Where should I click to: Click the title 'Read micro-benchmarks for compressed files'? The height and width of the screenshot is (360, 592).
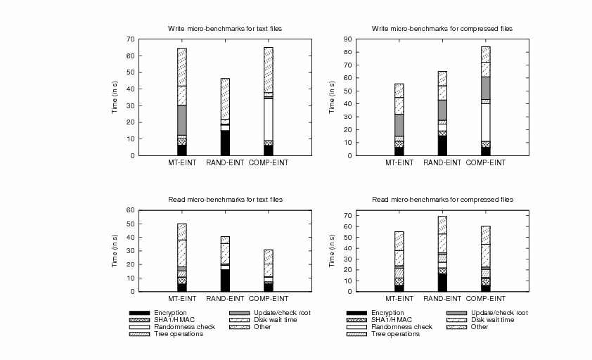pos(442,200)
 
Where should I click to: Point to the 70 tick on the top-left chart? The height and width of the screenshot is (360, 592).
pos(130,39)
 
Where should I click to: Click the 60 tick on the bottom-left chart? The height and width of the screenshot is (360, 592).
pos(130,210)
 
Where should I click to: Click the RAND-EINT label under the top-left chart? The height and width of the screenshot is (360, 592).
pos(225,163)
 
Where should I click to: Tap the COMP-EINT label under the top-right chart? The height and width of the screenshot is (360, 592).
pos(486,163)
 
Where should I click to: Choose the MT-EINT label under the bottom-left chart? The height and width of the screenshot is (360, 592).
pos(182,300)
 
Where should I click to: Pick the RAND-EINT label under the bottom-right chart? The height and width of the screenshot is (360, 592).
pos(442,300)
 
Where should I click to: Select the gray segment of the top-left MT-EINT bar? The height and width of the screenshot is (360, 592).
pos(182,120)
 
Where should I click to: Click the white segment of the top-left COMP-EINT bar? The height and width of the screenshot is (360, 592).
pos(268,120)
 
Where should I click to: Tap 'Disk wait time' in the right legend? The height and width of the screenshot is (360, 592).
pos(493,320)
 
